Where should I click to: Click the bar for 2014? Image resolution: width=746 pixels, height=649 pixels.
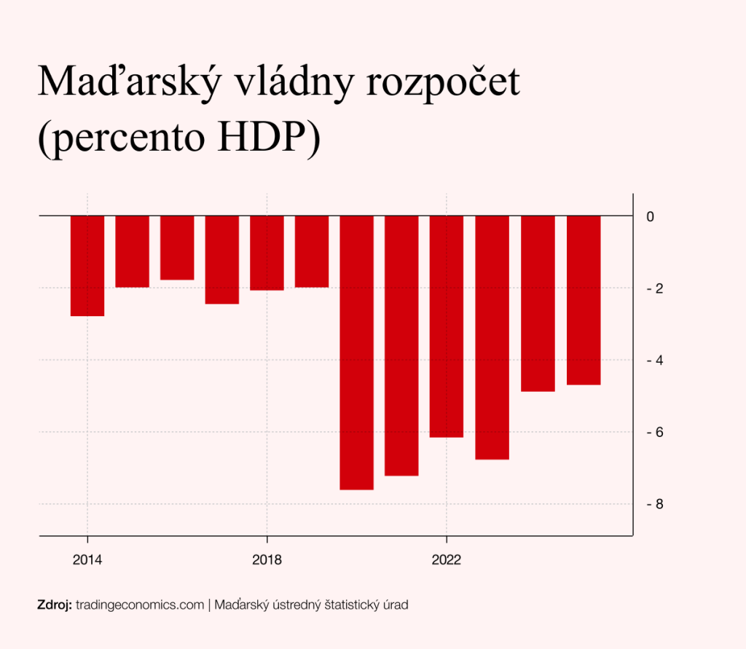[87, 266]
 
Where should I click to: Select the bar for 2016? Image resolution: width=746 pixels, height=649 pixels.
[177, 248]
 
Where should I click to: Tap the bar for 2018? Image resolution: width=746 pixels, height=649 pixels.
[267, 253]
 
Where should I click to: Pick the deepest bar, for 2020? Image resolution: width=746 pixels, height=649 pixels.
[356, 353]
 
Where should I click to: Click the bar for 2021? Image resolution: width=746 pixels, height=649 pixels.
[401, 346]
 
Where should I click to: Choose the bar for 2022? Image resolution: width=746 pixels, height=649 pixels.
[447, 326]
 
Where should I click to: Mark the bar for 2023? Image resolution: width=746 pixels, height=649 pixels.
[492, 337]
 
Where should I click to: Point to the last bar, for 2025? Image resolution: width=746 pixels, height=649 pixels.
[584, 300]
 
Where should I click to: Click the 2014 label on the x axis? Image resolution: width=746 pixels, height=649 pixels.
[87, 560]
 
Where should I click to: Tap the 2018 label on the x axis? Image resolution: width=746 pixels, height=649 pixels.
[267, 560]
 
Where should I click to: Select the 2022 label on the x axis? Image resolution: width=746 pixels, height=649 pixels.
[447, 560]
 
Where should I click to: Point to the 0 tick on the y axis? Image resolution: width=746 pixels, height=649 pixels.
[651, 217]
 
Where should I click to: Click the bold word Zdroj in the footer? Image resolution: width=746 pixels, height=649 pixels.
[54, 605]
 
